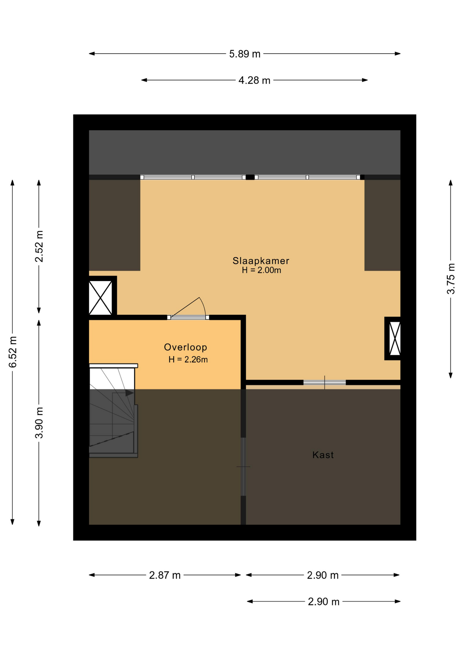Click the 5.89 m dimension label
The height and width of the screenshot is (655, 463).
coord(244,54)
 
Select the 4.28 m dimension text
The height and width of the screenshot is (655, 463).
coord(254,81)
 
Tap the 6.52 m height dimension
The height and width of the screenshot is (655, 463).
coord(13,352)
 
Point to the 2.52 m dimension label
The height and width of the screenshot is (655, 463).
coord(39,246)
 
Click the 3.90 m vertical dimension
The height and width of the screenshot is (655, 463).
coord(39,422)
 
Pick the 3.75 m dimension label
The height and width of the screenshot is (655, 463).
coord(451,278)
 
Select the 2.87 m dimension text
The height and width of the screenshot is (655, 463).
coord(165,575)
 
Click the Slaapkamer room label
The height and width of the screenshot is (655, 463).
coord(261,261)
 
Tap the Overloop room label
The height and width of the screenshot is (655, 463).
coord(185,347)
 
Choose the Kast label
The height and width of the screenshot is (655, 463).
coord(323,455)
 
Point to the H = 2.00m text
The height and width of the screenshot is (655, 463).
coord(262,270)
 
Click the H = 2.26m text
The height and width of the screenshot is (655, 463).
coord(188,359)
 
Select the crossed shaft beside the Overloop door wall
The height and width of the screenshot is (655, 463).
coord(101,297)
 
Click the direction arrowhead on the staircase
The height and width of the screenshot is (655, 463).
coord(130,393)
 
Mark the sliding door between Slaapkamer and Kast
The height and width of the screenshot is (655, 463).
coord(325,382)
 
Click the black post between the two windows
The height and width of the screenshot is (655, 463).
coord(250,177)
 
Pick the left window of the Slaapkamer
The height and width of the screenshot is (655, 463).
coord(193,177)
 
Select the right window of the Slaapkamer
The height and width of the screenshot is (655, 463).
coord(308,177)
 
